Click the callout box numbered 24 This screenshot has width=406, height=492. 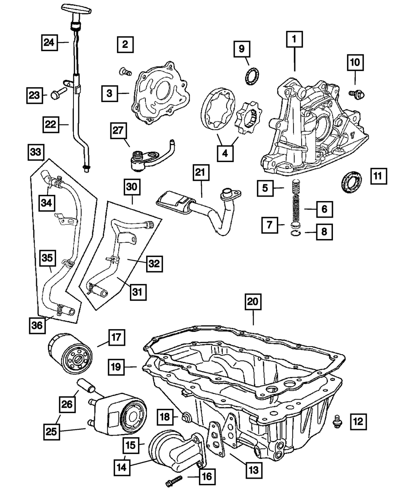coord(50,43)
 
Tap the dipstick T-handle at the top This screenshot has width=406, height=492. coord(76,9)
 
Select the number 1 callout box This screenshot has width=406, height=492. coord(294,39)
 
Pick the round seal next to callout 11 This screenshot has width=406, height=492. coord(352,182)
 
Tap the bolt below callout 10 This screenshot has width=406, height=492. coord(356,95)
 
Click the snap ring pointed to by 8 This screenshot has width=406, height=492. coord(296,233)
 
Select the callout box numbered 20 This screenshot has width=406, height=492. coord(253,302)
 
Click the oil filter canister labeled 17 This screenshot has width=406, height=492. coord(70,353)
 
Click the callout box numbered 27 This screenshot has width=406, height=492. coord(119,130)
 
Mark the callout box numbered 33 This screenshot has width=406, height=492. coord(36,152)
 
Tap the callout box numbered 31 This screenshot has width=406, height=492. coord(138,292)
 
